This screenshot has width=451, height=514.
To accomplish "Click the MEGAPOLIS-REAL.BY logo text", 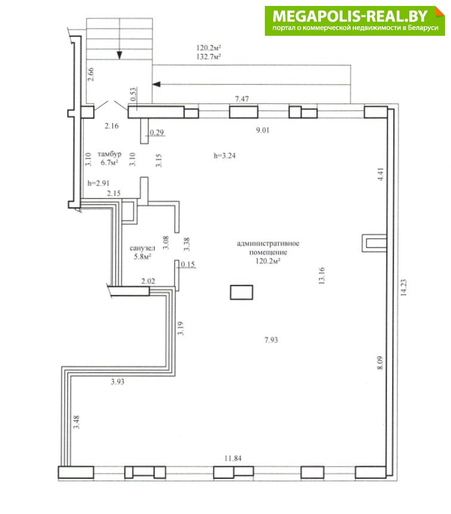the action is click(350, 16).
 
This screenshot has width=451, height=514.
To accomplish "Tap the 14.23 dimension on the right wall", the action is click(403, 287).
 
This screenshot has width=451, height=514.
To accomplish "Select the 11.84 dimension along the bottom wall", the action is click(233, 458).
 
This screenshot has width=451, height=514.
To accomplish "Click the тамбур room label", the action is click(110, 154).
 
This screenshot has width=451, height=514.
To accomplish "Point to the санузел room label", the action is click(143, 248).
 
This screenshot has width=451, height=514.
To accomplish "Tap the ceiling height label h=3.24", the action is click(225, 156).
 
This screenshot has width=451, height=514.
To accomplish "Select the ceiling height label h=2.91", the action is click(98, 183).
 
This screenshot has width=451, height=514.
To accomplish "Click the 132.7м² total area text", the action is click(209, 57).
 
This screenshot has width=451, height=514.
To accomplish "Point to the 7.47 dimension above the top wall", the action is click(242, 98).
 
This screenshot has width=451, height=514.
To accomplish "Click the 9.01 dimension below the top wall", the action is click(262, 130).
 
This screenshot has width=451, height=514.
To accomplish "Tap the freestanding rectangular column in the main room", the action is click(242, 292).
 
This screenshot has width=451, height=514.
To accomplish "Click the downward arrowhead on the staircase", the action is click(120, 55).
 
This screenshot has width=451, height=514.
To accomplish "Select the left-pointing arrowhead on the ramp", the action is click(156, 84).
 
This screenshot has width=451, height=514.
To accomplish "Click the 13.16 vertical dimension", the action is click(322, 275).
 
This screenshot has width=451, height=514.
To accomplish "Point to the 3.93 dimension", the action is click(118, 382).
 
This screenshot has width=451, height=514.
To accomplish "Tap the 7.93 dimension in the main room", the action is click(271, 340).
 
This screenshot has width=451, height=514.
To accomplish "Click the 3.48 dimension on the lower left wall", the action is click(76, 422).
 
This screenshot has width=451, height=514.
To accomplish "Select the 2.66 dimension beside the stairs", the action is click(91, 74).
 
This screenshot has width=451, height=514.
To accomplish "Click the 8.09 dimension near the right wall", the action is click(380, 363).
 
